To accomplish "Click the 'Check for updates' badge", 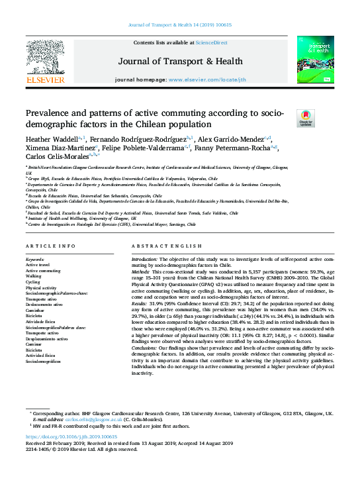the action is pos(306,118).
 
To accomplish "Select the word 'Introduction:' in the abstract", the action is pos(144,259).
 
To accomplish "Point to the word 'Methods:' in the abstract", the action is pos(142,272).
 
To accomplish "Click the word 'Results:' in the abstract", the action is pos(141,304).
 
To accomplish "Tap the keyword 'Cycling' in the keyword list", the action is pos(34,282).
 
